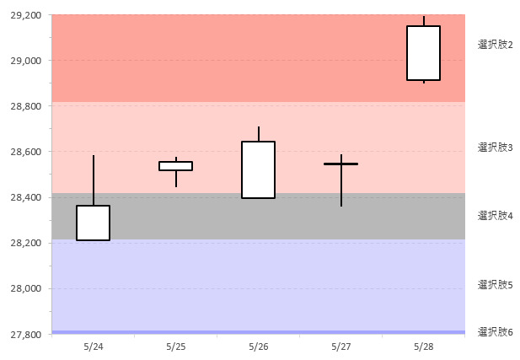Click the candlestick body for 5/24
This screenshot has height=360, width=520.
pos(93,223)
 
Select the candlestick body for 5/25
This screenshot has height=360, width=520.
pos(175,165)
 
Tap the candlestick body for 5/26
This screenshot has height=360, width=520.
pos(258,169)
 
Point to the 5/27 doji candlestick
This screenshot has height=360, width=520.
pos(340,164)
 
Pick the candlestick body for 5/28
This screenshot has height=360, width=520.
pos(423,53)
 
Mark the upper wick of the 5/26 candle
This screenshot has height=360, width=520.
pos(258,134)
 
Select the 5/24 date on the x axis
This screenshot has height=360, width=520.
pos(94,347)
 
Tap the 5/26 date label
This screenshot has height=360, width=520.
pos(259,347)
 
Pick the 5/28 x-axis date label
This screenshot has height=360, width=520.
pos(424,347)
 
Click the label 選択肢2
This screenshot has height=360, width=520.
pos(496,44)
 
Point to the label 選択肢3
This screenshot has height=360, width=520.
pos(496,148)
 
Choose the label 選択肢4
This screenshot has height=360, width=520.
pos(496,216)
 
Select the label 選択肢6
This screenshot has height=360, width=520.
pos(496,332)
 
